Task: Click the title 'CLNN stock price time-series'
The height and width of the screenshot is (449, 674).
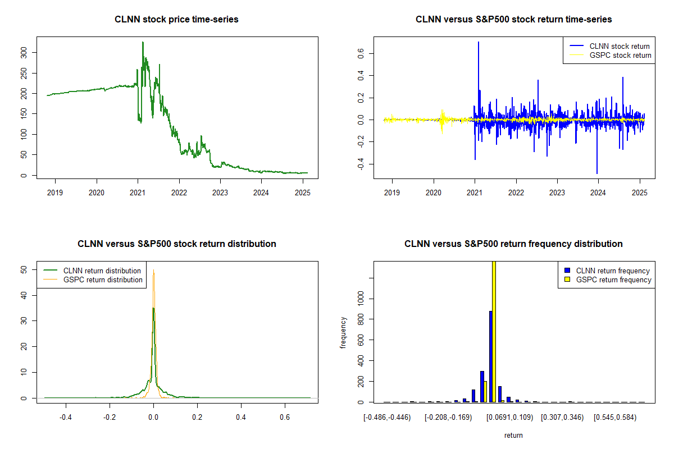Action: (176, 20)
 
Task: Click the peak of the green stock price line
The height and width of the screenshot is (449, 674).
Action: (143, 42)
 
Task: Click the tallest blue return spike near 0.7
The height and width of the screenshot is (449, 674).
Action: (479, 42)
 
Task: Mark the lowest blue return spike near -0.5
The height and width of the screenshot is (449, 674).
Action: (597, 173)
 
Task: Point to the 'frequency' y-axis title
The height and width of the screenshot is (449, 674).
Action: (343, 332)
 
